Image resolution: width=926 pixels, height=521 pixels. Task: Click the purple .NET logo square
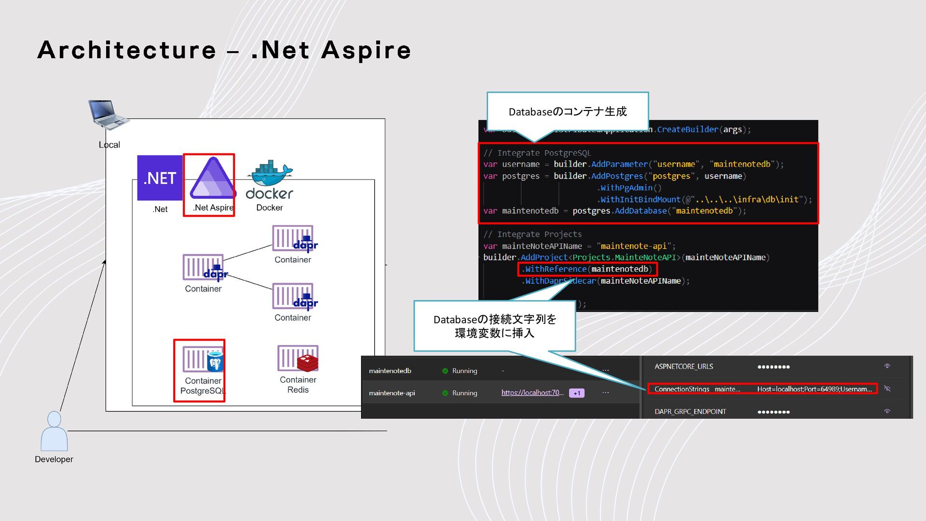pyautogui.click(x=160, y=178)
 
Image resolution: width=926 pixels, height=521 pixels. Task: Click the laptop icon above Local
pyautogui.click(x=108, y=115)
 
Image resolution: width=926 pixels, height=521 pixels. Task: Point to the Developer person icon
pyautogui.click(x=54, y=431)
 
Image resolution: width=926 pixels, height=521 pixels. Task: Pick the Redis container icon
pyautogui.click(x=298, y=358)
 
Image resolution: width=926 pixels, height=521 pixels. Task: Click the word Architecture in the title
pyautogui.click(x=127, y=50)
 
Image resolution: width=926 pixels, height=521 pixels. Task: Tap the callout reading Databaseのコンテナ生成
pyautogui.click(x=568, y=111)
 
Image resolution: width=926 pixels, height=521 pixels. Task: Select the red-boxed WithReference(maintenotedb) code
pyautogui.click(x=587, y=269)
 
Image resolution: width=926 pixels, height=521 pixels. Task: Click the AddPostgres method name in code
pyautogui.click(x=617, y=176)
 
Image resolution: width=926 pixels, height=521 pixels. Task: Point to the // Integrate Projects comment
pyautogui.click(x=532, y=234)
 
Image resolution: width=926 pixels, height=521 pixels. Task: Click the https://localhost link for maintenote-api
pyautogui.click(x=532, y=393)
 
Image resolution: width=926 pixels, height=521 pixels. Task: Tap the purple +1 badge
pyautogui.click(x=577, y=393)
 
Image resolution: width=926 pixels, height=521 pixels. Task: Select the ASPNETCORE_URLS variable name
pyautogui.click(x=683, y=367)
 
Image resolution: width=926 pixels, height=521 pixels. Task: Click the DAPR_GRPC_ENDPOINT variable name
pyautogui.click(x=690, y=411)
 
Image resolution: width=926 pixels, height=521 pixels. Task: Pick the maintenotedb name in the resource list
pyautogui.click(x=390, y=371)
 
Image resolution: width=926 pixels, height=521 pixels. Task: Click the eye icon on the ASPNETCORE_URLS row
pyautogui.click(x=886, y=366)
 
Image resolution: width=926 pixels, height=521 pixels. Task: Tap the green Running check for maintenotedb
pyautogui.click(x=445, y=371)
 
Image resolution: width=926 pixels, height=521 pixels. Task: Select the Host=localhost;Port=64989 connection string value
pyautogui.click(x=814, y=389)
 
